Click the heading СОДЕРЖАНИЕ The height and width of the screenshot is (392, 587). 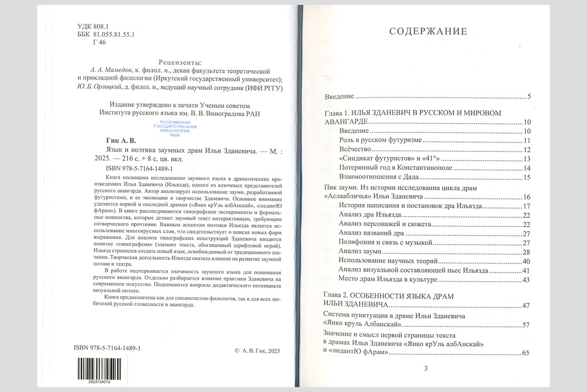coord(428,32)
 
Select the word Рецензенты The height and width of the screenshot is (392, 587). coord(181,62)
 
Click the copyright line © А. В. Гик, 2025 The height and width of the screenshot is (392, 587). coord(257,351)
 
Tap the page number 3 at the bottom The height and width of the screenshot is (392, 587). coord(426,368)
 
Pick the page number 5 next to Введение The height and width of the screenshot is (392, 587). coord(529,97)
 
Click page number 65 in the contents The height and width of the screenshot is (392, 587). coord(526,353)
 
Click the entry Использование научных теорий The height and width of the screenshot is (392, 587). coord(384,261)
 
